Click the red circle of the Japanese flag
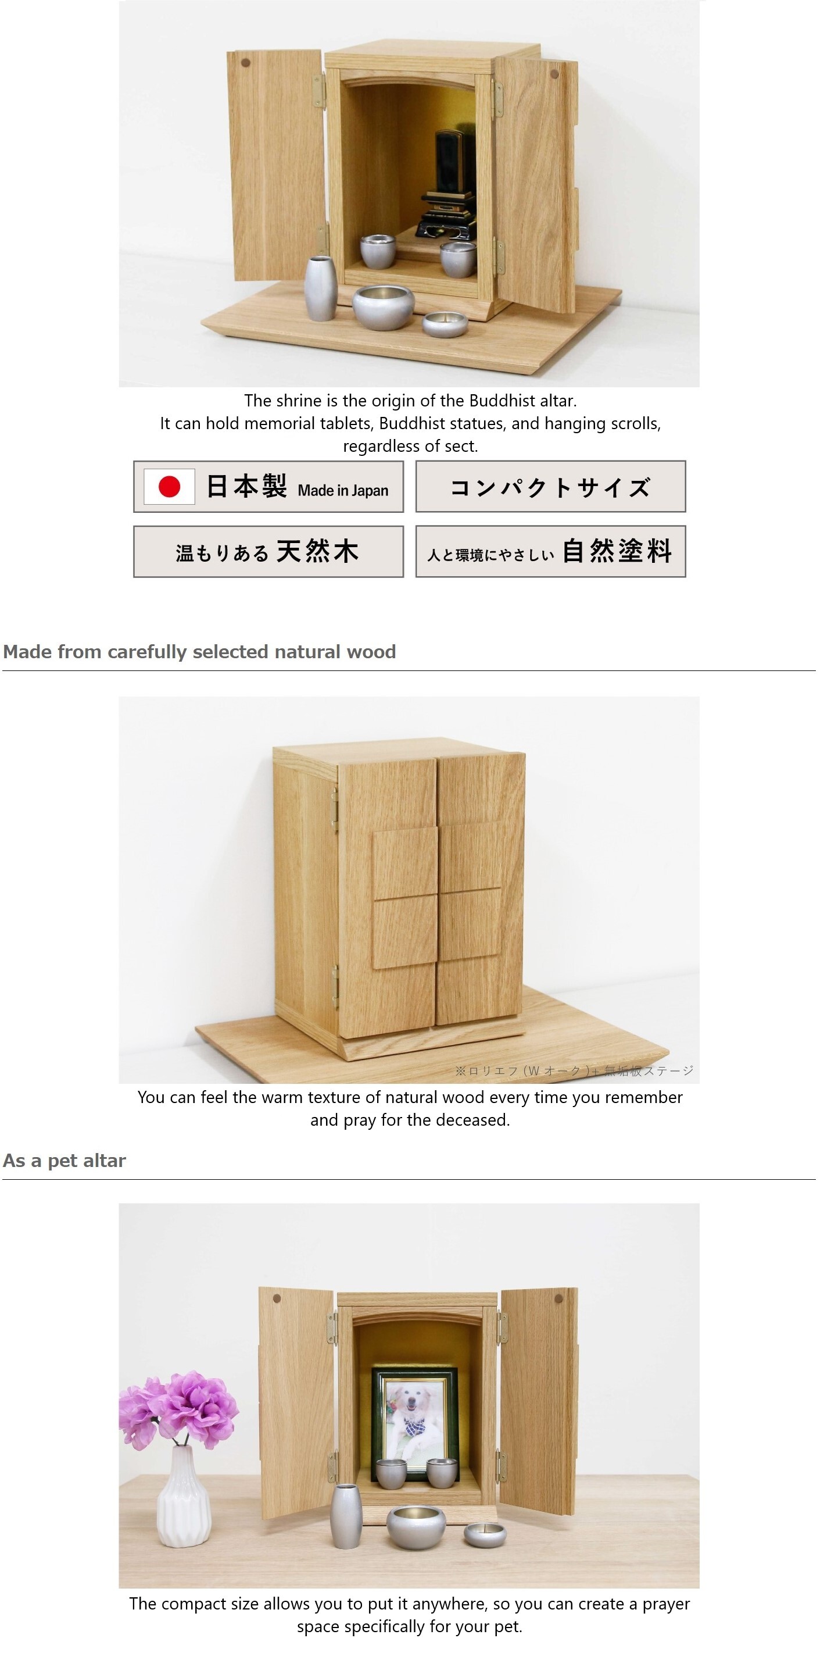(169, 487)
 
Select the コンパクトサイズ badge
(550, 487)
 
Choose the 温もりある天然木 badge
(268, 552)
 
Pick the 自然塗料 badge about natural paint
(550, 552)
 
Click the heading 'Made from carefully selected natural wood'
(199, 652)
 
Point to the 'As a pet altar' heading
(65, 1161)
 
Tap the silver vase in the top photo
(320, 287)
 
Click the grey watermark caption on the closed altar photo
(574, 1070)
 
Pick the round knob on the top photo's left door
(245, 63)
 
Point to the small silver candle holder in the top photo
(445, 323)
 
